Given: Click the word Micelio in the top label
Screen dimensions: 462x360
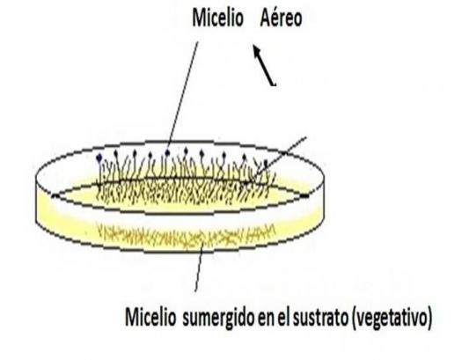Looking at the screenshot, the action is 217,18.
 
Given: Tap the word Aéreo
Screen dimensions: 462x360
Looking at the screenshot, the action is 281,18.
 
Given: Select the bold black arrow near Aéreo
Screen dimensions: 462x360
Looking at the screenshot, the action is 264,65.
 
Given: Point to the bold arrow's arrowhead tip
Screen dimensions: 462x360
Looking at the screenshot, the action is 253,46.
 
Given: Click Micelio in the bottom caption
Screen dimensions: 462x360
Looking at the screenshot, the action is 150,317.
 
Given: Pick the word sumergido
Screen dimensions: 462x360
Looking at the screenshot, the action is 218,318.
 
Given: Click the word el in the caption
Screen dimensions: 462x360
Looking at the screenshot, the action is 283,317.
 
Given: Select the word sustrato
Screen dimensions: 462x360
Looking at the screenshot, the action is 320,318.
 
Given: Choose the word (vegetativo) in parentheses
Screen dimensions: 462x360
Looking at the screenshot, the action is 392,318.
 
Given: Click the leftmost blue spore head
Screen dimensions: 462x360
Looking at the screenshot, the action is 99,158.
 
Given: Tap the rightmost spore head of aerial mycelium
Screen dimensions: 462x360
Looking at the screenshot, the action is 266,162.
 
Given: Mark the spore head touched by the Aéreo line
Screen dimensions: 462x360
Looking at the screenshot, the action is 168,152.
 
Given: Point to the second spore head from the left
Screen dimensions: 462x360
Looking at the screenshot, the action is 116,152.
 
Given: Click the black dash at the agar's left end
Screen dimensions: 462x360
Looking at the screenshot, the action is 55,195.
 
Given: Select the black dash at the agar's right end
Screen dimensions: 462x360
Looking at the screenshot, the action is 304,195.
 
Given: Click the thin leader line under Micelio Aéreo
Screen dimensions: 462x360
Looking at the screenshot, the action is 183,96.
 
